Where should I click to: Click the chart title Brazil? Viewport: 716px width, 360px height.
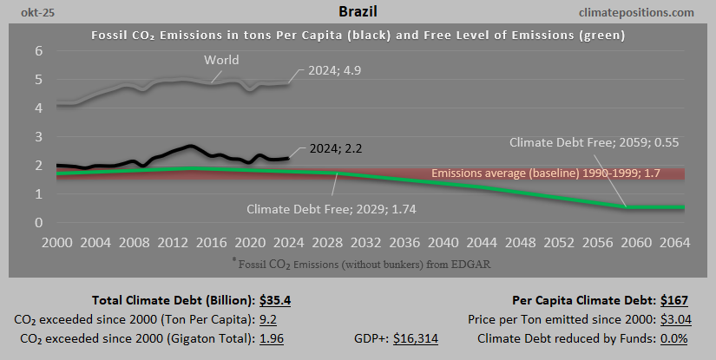point(357,12)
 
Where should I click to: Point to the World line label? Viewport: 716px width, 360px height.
point(222,60)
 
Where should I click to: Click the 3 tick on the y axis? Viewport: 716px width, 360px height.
point(39,136)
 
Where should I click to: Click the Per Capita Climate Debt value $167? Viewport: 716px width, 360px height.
point(673,301)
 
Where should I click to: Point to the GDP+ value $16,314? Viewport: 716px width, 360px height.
point(416,338)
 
